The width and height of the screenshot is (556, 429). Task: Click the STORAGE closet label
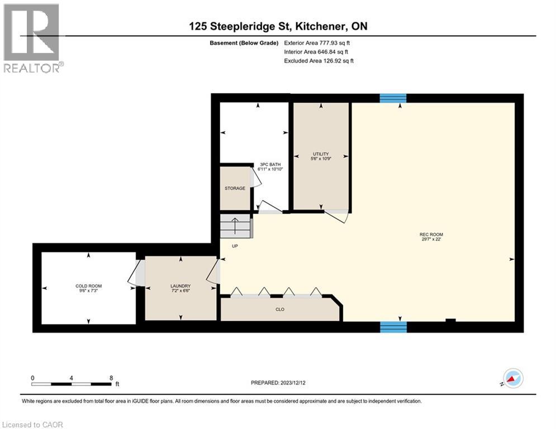[235, 188]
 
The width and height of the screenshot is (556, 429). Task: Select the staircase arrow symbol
[235, 226]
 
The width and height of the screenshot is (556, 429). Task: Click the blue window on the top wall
[393, 98]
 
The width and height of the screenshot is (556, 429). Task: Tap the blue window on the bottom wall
[393, 327]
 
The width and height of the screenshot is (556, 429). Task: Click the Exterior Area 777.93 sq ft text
[317, 42]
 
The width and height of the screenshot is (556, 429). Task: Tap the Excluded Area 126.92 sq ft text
[319, 60]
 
